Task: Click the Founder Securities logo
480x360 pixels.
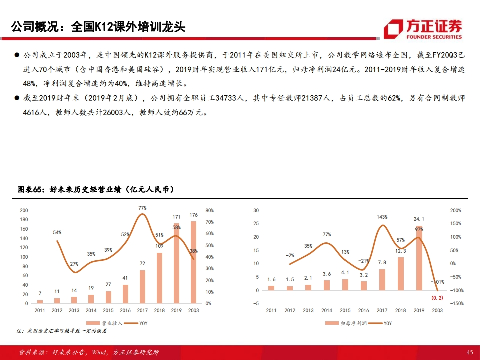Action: click(x=422, y=29)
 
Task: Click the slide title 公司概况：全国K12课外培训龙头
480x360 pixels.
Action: click(x=98, y=26)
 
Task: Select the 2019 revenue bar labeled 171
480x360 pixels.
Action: click(x=176, y=263)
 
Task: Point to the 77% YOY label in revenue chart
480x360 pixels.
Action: click(x=142, y=208)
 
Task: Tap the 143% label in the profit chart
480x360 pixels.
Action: click(x=382, y=217)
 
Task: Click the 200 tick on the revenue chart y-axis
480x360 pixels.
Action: click(x=24, y=211)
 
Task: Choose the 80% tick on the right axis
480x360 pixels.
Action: click(x=209, y=211)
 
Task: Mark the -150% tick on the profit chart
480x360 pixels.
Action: click(x=457, y=303)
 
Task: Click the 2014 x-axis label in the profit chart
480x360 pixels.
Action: click(x=327, y=310)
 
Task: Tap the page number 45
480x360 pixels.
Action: click(x=469, y=352)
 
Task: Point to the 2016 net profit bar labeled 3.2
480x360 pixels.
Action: click(x=364, y=286)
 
